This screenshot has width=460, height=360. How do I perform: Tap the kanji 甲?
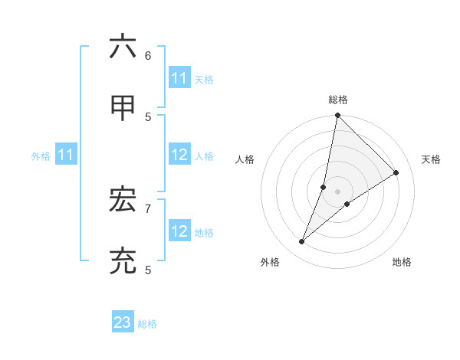click(x=123, y=108)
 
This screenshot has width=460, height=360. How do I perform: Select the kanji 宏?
click(x=123, y=201)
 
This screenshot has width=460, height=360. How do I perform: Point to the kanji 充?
click(x=123, y=262)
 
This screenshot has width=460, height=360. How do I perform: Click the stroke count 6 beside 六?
click(x=148, y=55)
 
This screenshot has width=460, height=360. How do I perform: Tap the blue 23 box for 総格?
click(x=123, y=322)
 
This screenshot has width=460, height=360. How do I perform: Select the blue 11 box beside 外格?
click(x=66, y=155)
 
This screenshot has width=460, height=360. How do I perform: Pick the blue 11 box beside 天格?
click(x=179, y=78)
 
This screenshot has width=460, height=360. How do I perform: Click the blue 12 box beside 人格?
click(x=179, y=155)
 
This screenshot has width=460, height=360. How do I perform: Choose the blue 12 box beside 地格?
click(x=179, y=231)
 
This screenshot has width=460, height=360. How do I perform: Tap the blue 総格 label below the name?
click(x=147, y=324)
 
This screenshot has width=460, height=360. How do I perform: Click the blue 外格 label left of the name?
click(x=41, y=156)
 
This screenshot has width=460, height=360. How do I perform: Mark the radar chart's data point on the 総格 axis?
click(x=337, y=116)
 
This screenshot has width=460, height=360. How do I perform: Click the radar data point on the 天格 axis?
click(x=396, y=172)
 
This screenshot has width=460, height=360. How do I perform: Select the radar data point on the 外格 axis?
click(x=302, y=242)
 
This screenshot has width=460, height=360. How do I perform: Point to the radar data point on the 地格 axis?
click(x=347, y=204)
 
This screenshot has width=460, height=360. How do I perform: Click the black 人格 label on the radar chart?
click(x=245, y=159)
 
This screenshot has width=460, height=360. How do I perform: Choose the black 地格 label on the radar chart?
click(x=402, y=262)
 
